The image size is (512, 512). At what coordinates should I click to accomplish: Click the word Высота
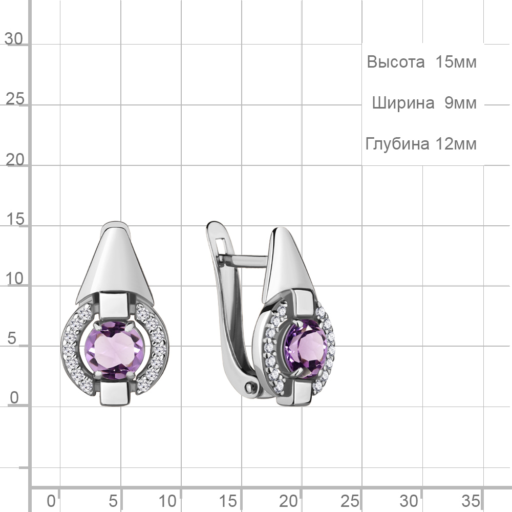click(x=395, y=62)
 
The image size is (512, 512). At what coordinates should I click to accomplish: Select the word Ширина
click(x=403, y=103)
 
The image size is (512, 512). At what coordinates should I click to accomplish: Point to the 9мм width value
click(x=460, y=103)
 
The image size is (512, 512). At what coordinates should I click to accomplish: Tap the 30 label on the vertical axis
click(x=14, y=39)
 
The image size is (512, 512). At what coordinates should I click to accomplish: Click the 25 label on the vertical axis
click(x=15, y=99)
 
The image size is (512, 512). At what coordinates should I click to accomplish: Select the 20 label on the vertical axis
click(x=15, y=160)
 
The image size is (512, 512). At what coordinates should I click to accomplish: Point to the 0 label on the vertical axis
click(x=14, y=398)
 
